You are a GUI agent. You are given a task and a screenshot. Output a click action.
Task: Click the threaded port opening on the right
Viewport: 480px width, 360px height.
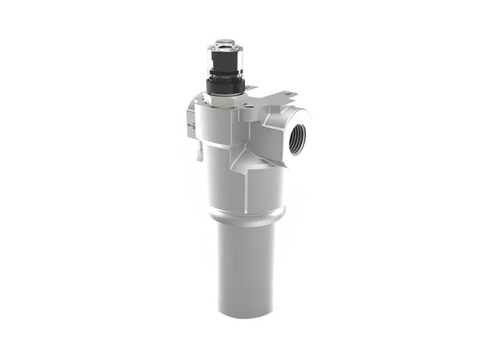tap(296, 137)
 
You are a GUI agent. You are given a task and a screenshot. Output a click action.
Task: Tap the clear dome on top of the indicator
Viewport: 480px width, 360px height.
tap(225, 44)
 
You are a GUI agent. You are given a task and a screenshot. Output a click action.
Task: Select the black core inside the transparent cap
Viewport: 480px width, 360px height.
tap(225, 60)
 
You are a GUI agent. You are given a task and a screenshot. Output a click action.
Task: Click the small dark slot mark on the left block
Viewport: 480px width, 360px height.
tap(191, 125)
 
